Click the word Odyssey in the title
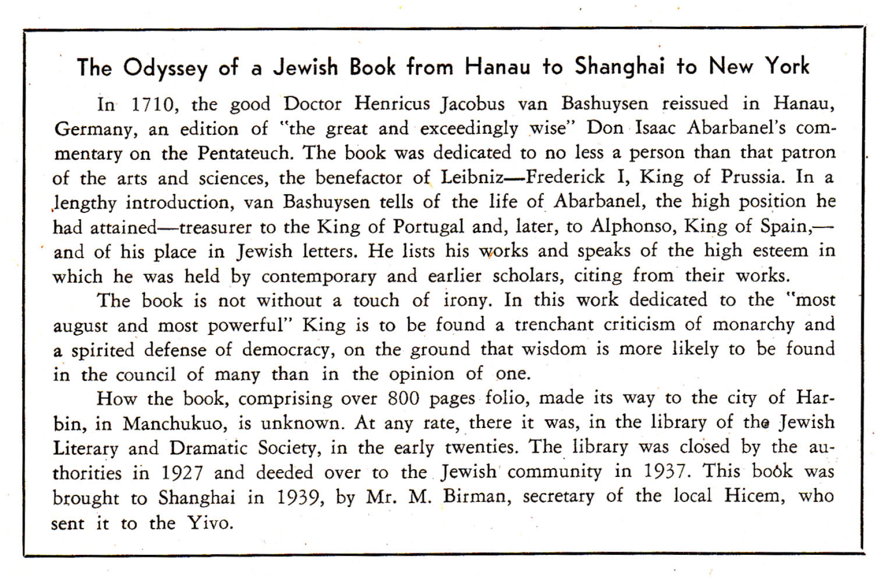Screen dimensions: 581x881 pyautogui.click(x=165, y=68)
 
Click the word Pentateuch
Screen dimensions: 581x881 pyautogui.click(x=245, y=153)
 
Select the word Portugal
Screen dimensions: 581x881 pyautogui.click(x=428, y=226)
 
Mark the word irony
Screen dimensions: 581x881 pyautogui.click(x=466, y=300)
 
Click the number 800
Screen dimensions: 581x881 pyautogui.click(x=403, y=398)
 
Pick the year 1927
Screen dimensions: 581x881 pyautogui.click(x=182, y=473)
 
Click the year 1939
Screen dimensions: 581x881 pyautogui.click(x=299, y=497)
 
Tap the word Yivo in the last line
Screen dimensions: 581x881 pyautogui.click(x=210, y=523)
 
